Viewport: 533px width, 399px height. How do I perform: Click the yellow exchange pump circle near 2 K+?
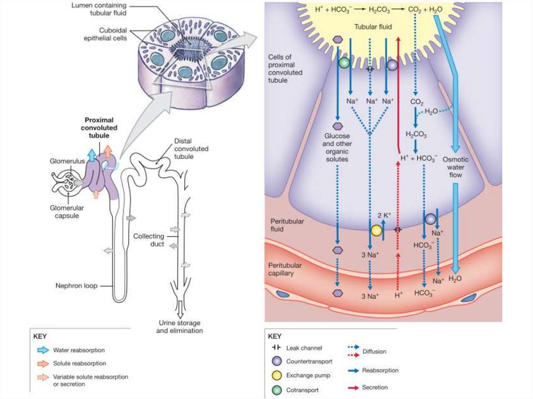point(376,229)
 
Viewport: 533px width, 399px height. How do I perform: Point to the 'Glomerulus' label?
point(67,161)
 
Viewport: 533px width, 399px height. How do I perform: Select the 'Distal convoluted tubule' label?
point(191,149)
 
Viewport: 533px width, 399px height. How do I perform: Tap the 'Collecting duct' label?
point(148,240)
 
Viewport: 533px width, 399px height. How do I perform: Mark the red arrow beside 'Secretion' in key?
point(354,388)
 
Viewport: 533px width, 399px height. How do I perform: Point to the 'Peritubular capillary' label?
point(285,269)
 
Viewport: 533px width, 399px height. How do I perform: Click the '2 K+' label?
point(384,215)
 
